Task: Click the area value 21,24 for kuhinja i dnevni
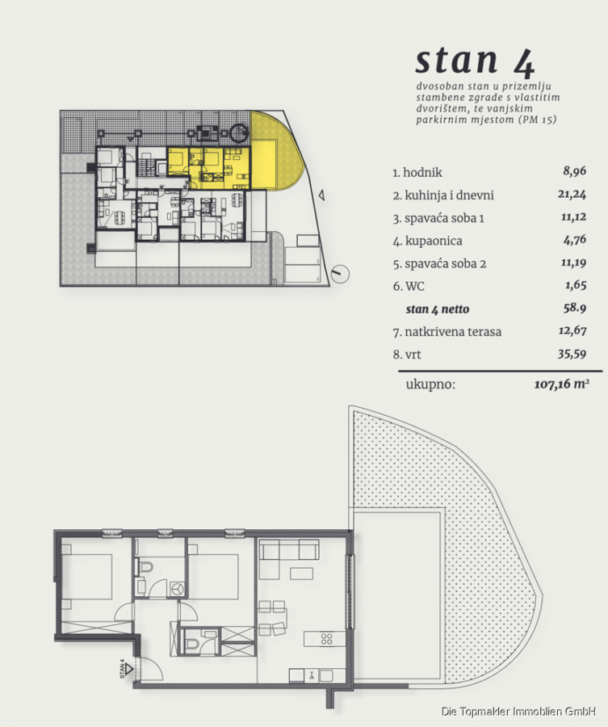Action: coord(572,194)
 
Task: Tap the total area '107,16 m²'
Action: coord(562,384)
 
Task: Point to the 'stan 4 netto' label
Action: coord(438,309)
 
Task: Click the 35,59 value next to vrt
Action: coord(572,355)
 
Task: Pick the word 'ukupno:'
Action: coord(430,385)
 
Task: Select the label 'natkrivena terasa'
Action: coord(453,332)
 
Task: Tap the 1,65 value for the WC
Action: coord(576,285)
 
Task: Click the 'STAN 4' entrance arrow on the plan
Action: coord(128,669)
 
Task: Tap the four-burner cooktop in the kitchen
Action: coord(327,639)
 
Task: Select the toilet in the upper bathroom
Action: coord(146,566)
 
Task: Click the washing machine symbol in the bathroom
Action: coord(178,589)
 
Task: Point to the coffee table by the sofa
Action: coord(301,573)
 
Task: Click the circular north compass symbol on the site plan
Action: coord(341,273)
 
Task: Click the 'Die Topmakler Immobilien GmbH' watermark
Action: coord(518,711)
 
